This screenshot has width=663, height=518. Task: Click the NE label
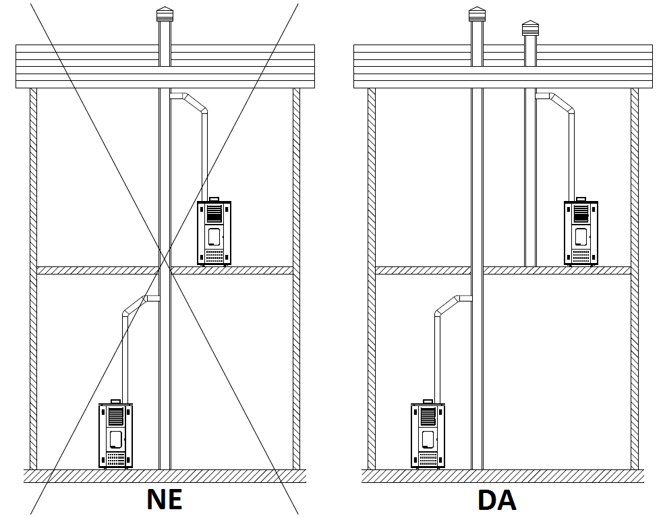click(x=165, y=499)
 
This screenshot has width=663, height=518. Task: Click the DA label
click(x=497, y=500)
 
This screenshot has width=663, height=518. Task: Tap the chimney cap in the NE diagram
click(x=165, y=14)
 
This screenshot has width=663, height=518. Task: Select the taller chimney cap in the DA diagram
click(x=477, y=14)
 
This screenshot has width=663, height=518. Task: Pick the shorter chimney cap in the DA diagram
click(x=530, y=28)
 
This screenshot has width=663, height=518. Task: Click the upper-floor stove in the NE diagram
click(x=214, y=231)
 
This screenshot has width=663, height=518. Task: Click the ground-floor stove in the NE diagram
click(x=115, y=434)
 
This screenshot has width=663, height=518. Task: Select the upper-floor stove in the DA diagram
click(x=581, y=231)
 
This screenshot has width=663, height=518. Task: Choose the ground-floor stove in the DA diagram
click(x=428, y=434)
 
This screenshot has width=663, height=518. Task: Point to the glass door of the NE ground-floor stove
click(x=115, y=439)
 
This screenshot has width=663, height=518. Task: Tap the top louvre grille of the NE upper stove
click(x=214, y=214)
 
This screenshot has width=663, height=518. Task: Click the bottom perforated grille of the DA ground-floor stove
click(x=428, y=459)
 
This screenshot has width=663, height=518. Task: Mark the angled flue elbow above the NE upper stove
click(x=194, y=103)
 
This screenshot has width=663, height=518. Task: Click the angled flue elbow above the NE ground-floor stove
click(x=135, y=306)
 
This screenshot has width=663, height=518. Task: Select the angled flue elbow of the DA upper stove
click(x=562, y=103)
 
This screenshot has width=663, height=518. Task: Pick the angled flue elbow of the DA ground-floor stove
click(x=447, y=306)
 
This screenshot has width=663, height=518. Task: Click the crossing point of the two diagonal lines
click(x=165, y=259)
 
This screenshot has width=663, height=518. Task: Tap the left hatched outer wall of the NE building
click(x=33, y=279)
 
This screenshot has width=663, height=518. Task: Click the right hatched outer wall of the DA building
click(x=635, y=279)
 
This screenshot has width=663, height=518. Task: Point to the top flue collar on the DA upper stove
click(x=581, y=199)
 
